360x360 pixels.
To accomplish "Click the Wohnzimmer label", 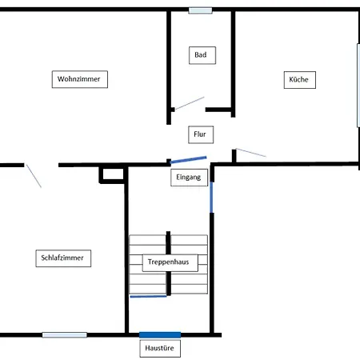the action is (80, 79).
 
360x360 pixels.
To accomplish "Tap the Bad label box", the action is (202, 55).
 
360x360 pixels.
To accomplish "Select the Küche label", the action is (300, 80).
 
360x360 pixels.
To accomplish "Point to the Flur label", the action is (201, 134).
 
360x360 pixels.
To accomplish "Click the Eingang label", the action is (189, 178).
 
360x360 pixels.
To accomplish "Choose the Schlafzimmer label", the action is (63, 258).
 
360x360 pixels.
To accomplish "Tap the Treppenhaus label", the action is (170, 262).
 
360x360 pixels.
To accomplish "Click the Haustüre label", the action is (160, 348).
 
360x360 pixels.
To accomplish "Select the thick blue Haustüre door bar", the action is (160, 335).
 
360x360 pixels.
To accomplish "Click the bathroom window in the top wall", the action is (201, 10).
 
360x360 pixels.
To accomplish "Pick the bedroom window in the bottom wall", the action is (65, 335).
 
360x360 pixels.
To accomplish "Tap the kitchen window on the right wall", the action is (358, 86).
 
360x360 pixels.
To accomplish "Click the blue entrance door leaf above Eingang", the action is (188, 159).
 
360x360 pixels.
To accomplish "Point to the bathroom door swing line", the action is (190, 103).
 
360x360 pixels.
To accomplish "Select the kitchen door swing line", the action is (250, 153).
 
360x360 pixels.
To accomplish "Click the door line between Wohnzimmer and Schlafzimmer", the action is (34, 176).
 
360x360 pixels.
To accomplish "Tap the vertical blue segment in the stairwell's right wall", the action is (211, 198).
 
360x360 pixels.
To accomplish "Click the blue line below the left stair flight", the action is (148, 296).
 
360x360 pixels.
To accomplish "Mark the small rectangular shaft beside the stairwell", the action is (113, 174).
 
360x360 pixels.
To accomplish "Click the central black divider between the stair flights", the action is (168, 263).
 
